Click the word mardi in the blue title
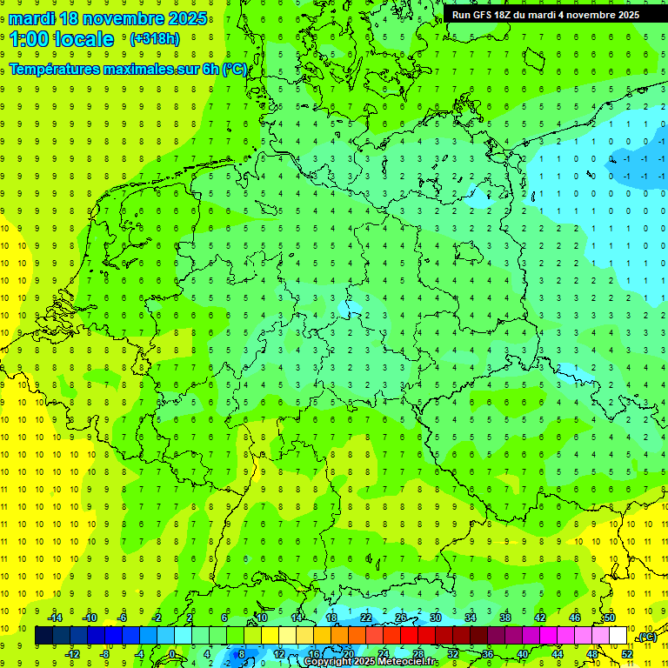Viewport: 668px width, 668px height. coord(32,18)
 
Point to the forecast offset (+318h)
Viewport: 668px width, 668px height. coord(154,39)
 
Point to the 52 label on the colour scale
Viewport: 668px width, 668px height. coord(627,653)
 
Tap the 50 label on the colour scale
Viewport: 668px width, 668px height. coord(610,618)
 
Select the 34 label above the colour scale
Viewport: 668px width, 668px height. coord(470,618)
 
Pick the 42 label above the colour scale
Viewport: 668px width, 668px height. coord(540,618)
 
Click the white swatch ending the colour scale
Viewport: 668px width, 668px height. coord(618,636)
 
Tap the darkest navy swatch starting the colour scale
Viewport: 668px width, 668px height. coord(44,636)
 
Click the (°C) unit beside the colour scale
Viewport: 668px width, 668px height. coord(646,638)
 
